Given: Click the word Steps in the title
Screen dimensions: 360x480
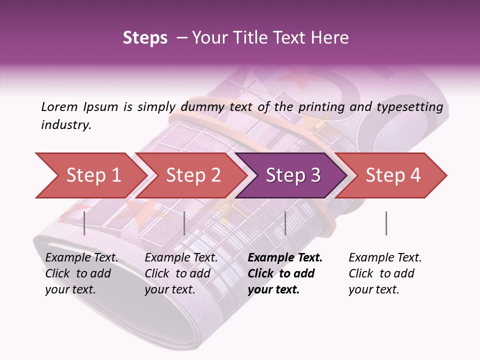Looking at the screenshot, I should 145,38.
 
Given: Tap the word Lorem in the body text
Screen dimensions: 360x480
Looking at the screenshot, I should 59,106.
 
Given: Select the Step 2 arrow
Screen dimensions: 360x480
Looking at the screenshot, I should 190,175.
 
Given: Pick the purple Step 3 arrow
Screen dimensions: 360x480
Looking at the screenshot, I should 291,175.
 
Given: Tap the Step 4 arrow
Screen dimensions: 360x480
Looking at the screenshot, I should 391,175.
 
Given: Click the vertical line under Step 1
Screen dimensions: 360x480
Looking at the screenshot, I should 84,223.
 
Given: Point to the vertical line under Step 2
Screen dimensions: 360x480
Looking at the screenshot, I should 184,223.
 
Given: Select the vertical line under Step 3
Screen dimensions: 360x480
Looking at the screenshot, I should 285,223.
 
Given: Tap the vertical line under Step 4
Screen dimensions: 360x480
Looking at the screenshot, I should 386,223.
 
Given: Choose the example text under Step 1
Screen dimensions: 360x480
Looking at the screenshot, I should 81,273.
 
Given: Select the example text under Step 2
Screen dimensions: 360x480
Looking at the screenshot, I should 181,273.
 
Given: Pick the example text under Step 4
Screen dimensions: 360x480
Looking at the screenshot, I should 385,273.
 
